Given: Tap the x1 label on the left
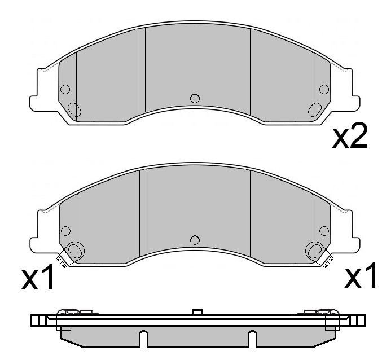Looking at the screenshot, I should click(x=38, y=278).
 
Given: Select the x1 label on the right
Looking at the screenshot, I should click(x=362, y=276).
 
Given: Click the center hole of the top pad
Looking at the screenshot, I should click(x=195, y=98).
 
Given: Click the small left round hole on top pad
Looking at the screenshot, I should click(x=65, y=89).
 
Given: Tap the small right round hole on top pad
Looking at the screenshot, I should click(x=324, y=89).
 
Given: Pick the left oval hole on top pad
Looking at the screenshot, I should click(x=74, y=109).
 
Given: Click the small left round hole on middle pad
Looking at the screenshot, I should click(x=65, y=230).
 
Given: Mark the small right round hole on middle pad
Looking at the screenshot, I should click(x=324, y=230).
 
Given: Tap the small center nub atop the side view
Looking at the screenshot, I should click(x=197, y=311).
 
